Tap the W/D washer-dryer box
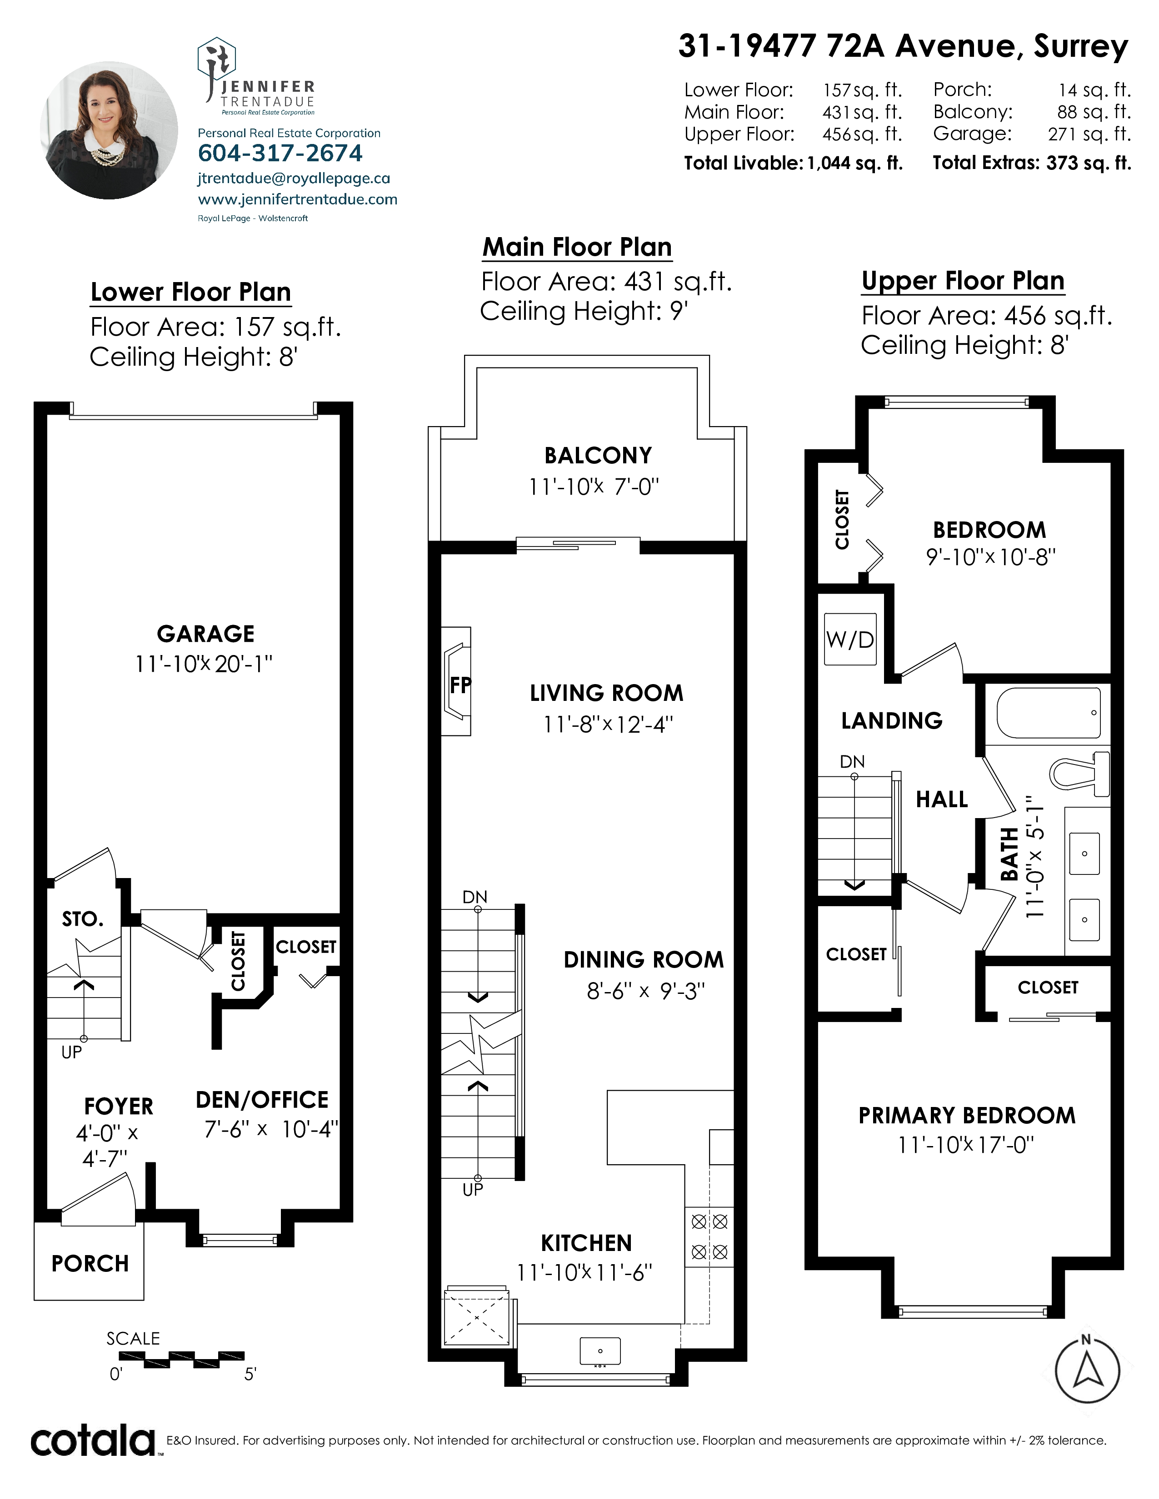point(850,639)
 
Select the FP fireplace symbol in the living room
point(456,681)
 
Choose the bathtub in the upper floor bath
point(1048,716)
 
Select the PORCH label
point(90,1264)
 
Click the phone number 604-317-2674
point(280,153)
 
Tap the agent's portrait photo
point(109,130)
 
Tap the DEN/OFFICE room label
point(262,1100)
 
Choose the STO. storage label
point(82,918)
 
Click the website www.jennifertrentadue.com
point(297,200)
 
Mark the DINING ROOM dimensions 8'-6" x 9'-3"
point(645,991)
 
